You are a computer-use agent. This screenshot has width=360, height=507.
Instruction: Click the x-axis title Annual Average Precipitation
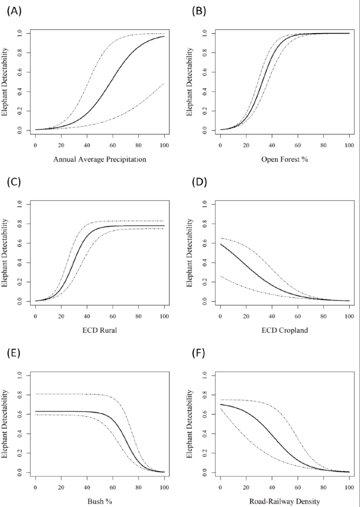pos(99,160)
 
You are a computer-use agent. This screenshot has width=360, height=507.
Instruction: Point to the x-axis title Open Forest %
pos(284,159)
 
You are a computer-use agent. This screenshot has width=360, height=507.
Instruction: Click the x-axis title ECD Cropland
pos(284,329)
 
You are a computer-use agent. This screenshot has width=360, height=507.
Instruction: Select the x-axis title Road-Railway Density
pos(284,501)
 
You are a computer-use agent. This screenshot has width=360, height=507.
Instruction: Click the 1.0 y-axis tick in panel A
pos(20,33)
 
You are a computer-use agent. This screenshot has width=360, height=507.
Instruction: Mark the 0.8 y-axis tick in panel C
pos(20,224)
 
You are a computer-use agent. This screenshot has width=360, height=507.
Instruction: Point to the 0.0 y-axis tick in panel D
pos(205,301)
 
